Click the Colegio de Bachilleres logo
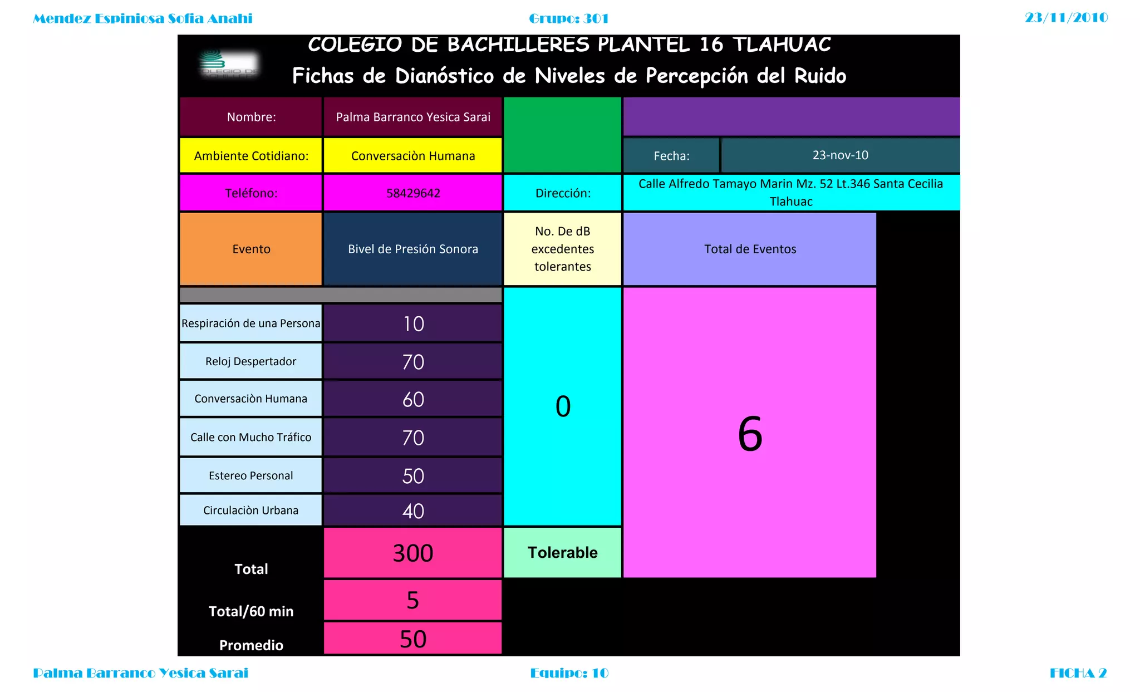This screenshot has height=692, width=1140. point(229,65)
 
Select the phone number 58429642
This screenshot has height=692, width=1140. point(413,193)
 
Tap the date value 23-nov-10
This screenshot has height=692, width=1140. point(840,155)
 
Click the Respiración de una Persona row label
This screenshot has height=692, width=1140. point(251,323)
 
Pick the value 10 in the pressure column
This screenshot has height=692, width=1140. point(413,324)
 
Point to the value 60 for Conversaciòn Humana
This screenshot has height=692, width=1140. point(413,400)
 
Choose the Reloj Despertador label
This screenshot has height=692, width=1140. point(251,361)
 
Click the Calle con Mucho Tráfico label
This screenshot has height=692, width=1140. point(251,437)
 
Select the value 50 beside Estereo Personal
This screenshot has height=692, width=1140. point(413,476)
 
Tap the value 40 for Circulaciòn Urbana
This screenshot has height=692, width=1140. point(413,511)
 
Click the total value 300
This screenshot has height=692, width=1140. point(413,553)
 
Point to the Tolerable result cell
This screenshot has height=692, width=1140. point(562,552)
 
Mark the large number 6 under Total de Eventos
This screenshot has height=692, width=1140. point(750,434)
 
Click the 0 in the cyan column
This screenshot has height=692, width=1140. point(563,406)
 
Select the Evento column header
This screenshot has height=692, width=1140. point(251,249)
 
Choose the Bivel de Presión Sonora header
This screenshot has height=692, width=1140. point(413,249)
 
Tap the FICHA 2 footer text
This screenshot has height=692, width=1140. point(1078,673)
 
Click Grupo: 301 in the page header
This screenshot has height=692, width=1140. point(568,18)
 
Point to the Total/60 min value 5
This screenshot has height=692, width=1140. point(412,600)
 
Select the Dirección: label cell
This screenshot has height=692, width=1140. point(563,193)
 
